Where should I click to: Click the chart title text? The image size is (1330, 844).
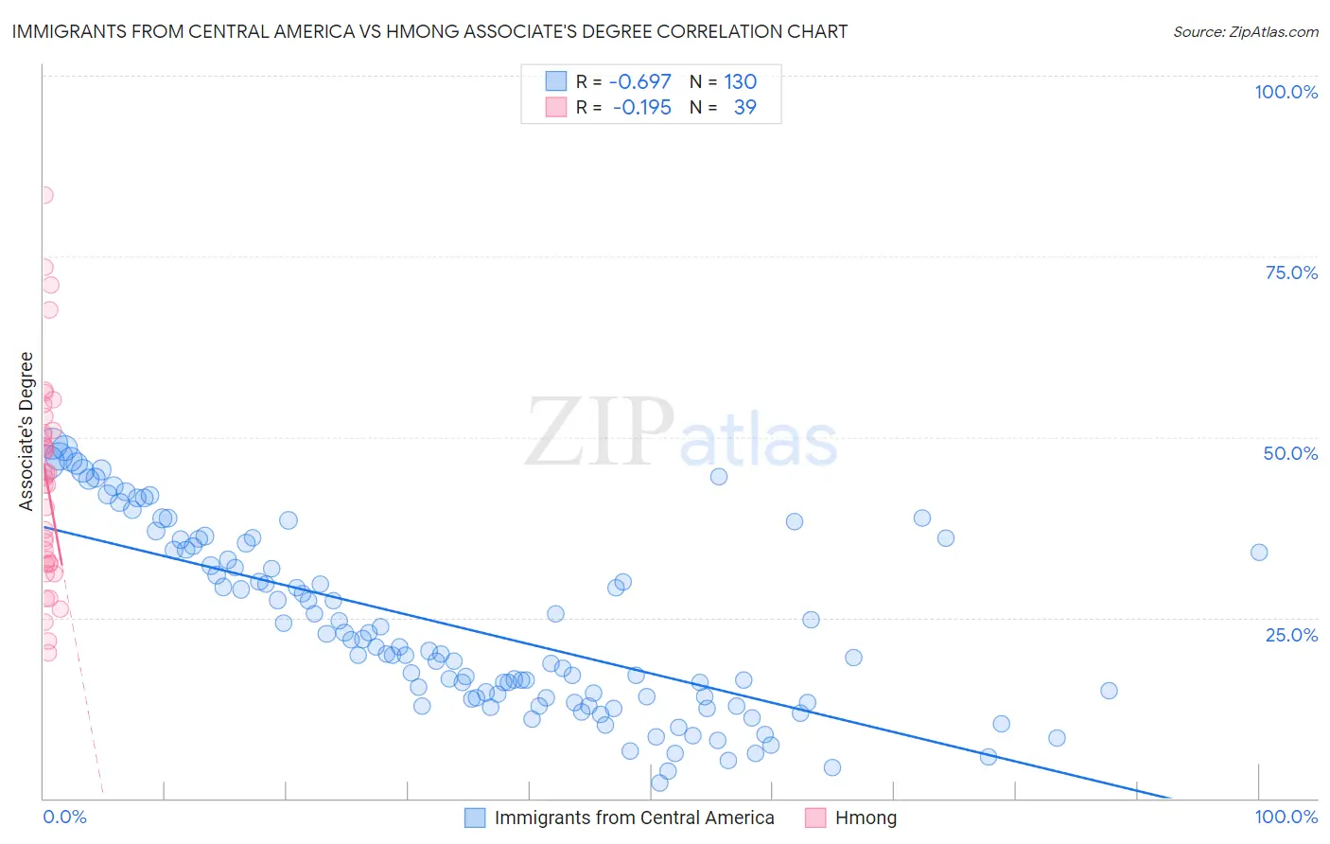tap(429, 31)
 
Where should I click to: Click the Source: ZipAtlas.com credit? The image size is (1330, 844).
tap(1245, 31)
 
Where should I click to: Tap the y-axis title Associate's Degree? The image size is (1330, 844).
tap(26, 431)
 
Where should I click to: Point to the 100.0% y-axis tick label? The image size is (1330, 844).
tap(1286, 92)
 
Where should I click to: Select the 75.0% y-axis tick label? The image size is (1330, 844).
tap(1291, 273)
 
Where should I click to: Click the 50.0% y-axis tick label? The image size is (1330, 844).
tap(1290, 453)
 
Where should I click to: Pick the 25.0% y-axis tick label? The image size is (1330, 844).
tap(1291, 635)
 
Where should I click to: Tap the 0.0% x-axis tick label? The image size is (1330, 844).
tap(64, 817)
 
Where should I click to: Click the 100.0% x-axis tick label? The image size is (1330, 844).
tap(1286, 817)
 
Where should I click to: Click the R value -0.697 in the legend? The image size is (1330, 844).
tap(640, 81)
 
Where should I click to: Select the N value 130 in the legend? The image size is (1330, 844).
tap(741, 81)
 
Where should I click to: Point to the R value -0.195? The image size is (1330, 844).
tap(642, 107)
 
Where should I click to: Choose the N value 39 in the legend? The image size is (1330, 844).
tap(745, 107)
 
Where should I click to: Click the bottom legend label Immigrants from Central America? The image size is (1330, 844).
tap(634, 818)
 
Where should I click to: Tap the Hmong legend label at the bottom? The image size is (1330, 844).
tap(866, 818)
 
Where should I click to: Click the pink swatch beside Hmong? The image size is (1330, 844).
tap(815, 818)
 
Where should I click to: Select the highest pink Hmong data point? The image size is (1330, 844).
tap(44, 195)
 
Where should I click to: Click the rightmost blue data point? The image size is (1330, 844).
tap(1259, 553)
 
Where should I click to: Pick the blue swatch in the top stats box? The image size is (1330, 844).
tap(555, 81)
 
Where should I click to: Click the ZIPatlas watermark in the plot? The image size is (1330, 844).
tap(681, 433)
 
